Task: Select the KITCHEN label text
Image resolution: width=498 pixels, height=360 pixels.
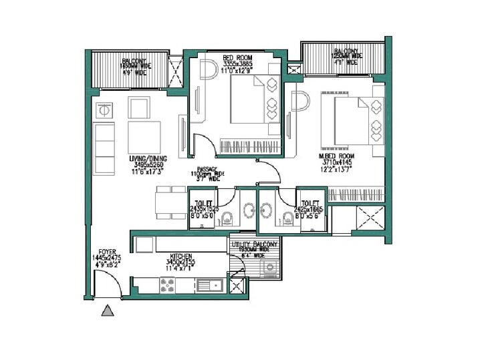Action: tap(182, 256)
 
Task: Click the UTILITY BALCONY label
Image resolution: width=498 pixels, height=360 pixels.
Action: tap(254, 246)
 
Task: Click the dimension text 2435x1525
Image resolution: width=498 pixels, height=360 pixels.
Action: tap(204, 209)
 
